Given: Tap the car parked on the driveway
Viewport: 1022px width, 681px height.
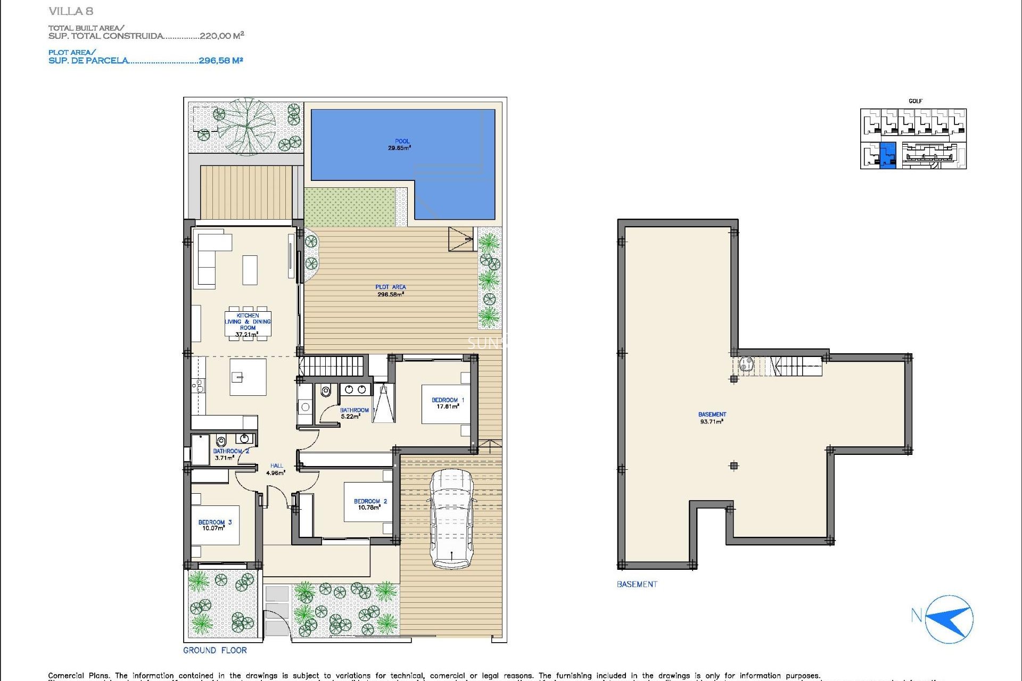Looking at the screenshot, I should tap(451, 519).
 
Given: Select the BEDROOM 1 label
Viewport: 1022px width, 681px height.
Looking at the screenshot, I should tap(447, 403).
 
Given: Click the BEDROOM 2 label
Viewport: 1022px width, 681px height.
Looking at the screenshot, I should tap(370, 504).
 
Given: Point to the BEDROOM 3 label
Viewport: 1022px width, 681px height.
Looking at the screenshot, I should tap(215, 525).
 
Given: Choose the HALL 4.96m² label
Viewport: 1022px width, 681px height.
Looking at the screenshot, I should tap(276, 469).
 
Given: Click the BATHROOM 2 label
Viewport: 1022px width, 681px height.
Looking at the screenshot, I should tap(230, 454).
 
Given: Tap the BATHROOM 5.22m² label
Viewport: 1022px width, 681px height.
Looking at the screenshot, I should tap(353, 413).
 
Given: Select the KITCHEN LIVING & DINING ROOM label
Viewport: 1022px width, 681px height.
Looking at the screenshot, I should tap(248, 325).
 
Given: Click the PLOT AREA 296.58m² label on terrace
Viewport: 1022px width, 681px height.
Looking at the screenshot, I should tap(390, 290).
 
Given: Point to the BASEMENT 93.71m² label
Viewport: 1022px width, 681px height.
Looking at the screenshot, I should tap(712, 418).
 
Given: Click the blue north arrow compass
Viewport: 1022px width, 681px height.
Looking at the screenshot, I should tap(949, 619).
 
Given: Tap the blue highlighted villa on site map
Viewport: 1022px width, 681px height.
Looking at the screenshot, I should tap(887, 155).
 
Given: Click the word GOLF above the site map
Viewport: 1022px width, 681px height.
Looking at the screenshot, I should tap(915, 101).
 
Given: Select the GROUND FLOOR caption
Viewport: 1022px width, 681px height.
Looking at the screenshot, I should tap(215, 650).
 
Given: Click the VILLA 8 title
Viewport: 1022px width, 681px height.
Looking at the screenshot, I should tap(70, 11).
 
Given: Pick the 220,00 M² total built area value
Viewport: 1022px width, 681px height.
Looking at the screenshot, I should tap(221, 36).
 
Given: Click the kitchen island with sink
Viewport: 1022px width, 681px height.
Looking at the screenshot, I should tap(248, 377).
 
